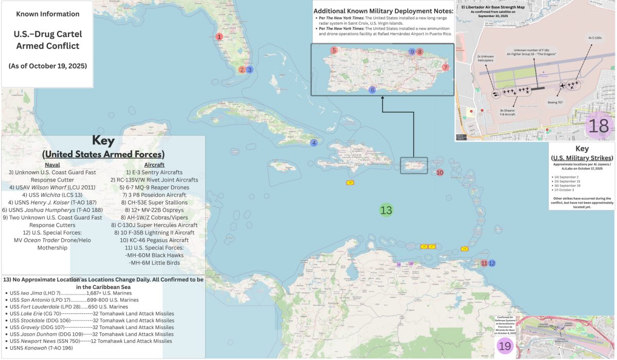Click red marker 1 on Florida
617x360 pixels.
pyautogui.click(x=220, y=37)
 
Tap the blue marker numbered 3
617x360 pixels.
pyautogui.click(x=249, y=70)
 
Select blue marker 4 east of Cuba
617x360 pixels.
pyautogui.click(x=314, y=143)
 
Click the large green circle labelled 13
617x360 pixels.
pyautogui.click(x=386, y=210)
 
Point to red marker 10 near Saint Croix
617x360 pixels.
pyautogui.click(x=440, y=173)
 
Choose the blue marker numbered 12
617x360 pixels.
pyautogui.click(x=492, y=263)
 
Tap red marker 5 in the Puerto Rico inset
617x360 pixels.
pyautogui.click(x=334, y=50)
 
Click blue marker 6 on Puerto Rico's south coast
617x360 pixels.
pyautogui.click(x=373, y=91)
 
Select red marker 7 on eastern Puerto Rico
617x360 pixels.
pyautogui.click(x=445, y=67)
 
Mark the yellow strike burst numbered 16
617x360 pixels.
pyautogui.click(x=350, y=183)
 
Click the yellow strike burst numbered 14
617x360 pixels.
pyautogui.click(x=464, y=249)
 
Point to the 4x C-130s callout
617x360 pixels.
pyautogui.click(x=594, y=38)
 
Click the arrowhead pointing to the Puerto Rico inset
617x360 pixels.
pyautogui.click(x=383, y=99)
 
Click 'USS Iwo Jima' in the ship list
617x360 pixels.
pyautogui.click(x=32, y=293)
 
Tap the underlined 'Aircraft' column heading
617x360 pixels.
pyautogui.click(x=155, y=165)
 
